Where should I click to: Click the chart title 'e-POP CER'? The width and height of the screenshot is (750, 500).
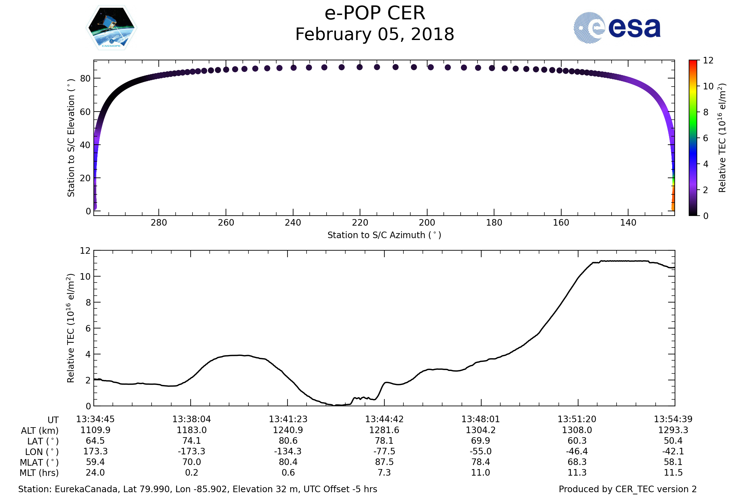tap(375, 13)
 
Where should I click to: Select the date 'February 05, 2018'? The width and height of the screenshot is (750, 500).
tap(375, 34)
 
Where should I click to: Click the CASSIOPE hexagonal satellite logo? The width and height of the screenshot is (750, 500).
tap(112, 28)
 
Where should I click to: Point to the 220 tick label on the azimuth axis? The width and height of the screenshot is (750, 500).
tap(360, 222)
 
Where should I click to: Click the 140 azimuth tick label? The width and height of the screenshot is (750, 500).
tap(628, 222)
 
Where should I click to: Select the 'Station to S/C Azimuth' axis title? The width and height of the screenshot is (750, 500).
tap(384, 235)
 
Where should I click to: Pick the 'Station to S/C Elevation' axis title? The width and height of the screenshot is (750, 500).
tap(71, 138)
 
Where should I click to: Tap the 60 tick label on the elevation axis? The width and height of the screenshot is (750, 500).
tap(85, 112)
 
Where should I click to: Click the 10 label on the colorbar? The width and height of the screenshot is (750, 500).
tap(708, 87)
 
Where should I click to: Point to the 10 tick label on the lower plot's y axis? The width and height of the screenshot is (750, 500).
tap(85, 277)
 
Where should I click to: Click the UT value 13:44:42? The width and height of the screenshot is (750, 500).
tap(384, 419)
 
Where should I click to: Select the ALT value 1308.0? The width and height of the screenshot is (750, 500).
tap(577, 430)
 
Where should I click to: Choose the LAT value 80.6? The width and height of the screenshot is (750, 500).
tap(288, 441)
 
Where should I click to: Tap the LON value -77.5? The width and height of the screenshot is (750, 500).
tap(384, 452)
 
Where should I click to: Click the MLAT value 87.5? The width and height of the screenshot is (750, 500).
tap(384, 462)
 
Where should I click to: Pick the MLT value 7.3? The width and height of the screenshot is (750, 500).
tap(384, 472)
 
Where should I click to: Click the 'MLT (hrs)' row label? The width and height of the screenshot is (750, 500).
tap(39, 473)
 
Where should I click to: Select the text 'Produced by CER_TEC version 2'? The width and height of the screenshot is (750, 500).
tap(627, 489)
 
